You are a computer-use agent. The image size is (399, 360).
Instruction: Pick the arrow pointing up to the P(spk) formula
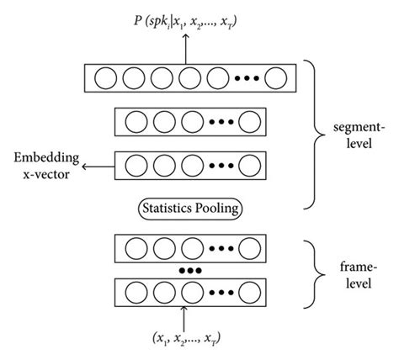(184, 51)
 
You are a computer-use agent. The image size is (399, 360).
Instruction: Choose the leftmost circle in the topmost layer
(104, 80)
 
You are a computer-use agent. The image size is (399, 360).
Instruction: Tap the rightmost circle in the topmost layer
(275, 80)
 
